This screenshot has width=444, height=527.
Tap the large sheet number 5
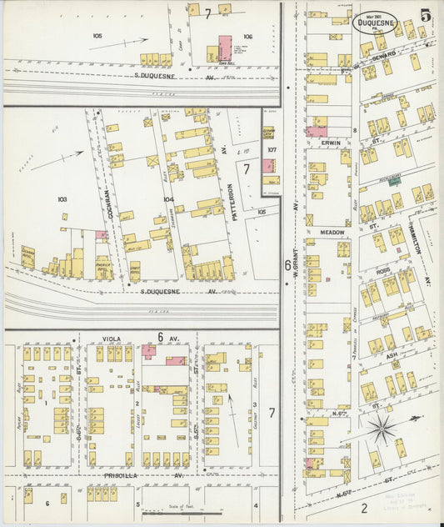click(426, 15)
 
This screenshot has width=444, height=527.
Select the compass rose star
click(383, 429)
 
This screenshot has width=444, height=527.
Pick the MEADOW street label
click(331, 233)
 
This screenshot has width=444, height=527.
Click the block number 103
click(62, 199)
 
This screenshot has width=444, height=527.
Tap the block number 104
click(168, 199)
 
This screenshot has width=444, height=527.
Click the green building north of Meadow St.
click(396, 180)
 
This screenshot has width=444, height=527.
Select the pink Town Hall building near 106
click(225, 48)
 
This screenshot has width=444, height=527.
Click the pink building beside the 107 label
click(268, 166)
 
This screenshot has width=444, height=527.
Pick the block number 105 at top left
click(97, 36)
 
